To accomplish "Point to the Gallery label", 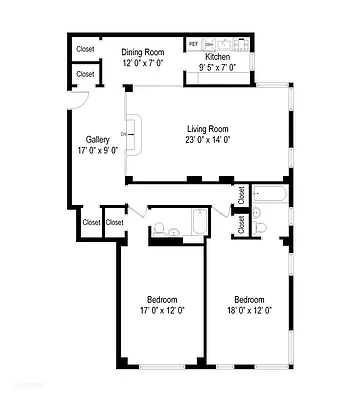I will click(x=97, y=140).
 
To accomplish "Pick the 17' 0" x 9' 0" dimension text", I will click(x=97, y=151).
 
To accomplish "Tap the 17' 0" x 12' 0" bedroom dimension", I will click(x=162, y=310).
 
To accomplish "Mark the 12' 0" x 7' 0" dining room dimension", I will click(x=142, y=62).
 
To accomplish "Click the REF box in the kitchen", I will click(x=193, y=45).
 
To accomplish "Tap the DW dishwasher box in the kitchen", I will click(x=208, y=45).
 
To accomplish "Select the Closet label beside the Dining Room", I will click(x=85, y=48).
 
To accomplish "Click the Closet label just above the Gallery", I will click(x=85, y=74).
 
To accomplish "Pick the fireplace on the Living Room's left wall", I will click(x=133, y=133).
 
